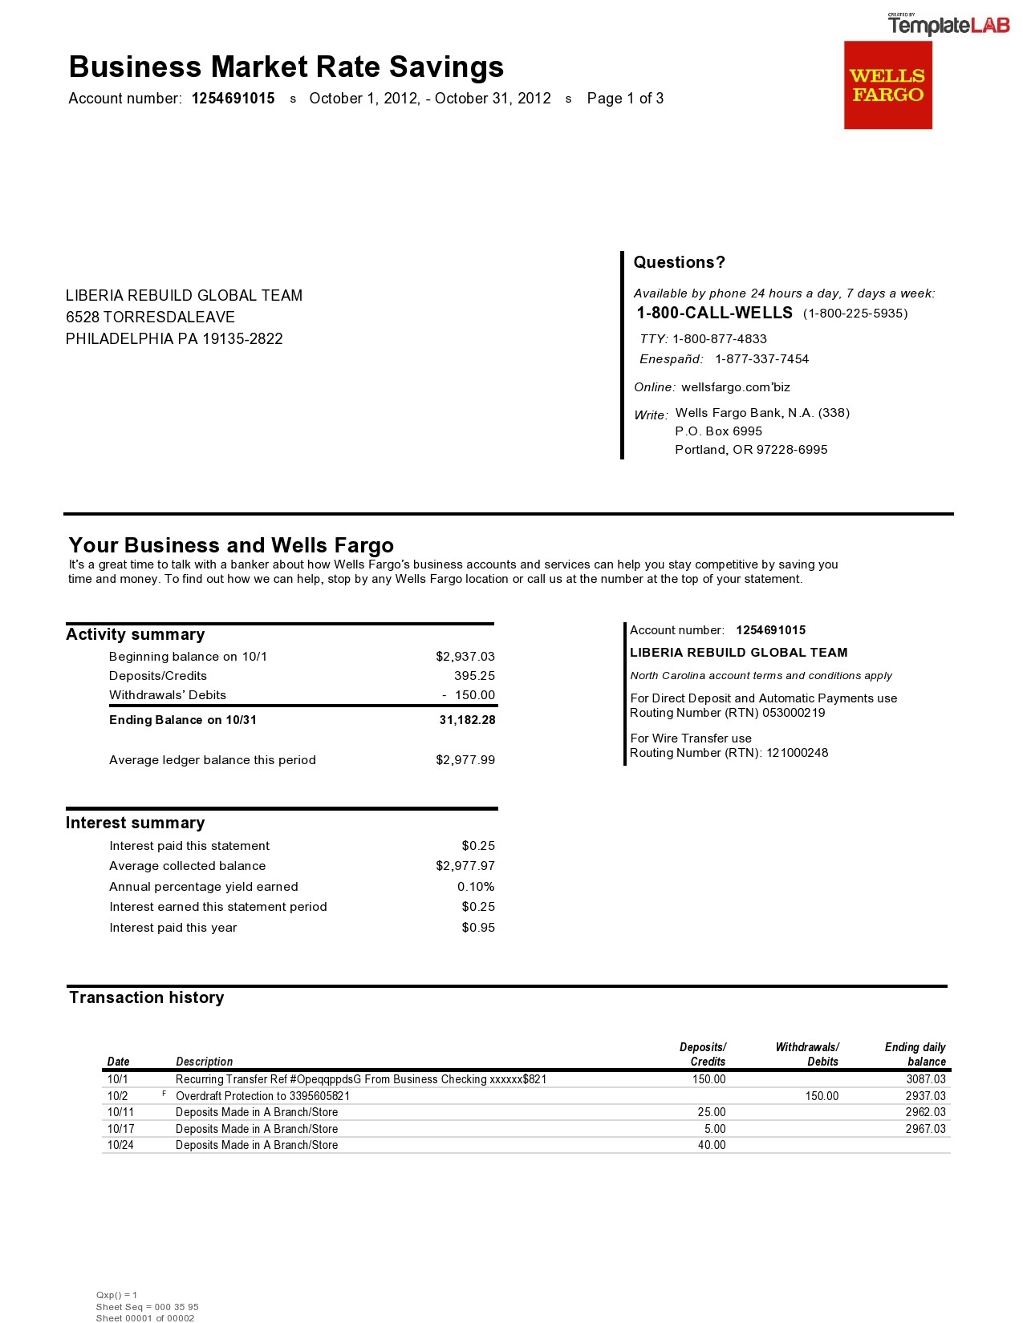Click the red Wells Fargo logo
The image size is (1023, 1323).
(887, 85)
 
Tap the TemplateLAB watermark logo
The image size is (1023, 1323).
(948, 26)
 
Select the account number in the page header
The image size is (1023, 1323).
(233, 99)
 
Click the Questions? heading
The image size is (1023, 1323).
(679, 262)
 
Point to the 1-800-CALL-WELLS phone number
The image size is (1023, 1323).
(714, 313)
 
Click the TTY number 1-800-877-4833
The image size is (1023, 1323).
(719, 339)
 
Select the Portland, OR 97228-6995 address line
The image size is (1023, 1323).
(750, 450)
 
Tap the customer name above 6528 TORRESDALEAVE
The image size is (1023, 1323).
(184, 296)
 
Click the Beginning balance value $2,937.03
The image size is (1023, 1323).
(465, 657)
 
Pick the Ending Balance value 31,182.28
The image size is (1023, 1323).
(467, 720)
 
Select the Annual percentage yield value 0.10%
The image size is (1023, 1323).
(476, 887)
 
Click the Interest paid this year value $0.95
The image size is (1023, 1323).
(478, 928)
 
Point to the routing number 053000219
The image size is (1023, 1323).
(793, 713)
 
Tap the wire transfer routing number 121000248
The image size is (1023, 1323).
(797, 753)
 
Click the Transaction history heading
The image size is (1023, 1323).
(146, 997)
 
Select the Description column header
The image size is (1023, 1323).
(204, 1062)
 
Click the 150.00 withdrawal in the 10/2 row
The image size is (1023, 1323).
(822, 1096)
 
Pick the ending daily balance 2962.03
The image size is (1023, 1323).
(925, 1112)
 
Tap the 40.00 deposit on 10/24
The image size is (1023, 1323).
(711, 1145)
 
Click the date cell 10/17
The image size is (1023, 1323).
(120, 1129)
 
